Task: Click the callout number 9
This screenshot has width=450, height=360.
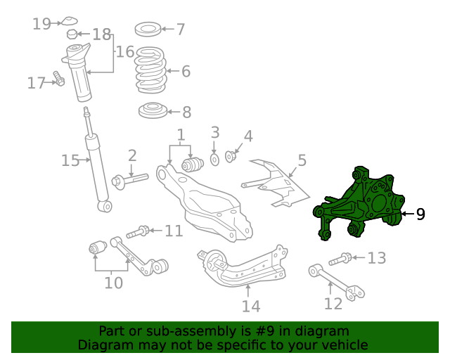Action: (420, 214)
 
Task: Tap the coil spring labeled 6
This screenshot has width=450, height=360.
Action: (150, 70)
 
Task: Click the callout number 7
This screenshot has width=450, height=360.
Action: (181, 30)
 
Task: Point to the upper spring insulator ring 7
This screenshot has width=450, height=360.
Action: (147, 30)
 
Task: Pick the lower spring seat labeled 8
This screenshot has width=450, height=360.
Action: (150, 111)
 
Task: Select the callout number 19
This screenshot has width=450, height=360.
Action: (41, 25)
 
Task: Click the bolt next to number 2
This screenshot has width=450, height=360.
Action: (128, 180)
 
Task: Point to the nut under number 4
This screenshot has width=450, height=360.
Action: (230, 155)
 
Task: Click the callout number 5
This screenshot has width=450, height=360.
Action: (302, 160)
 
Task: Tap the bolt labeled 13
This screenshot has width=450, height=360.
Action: (342, 259)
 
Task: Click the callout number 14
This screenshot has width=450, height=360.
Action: (251, 306)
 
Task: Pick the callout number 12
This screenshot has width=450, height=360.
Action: (333, 303)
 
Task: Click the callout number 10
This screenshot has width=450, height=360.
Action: (113, 283)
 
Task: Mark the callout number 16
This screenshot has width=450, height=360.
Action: (125, 51)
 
